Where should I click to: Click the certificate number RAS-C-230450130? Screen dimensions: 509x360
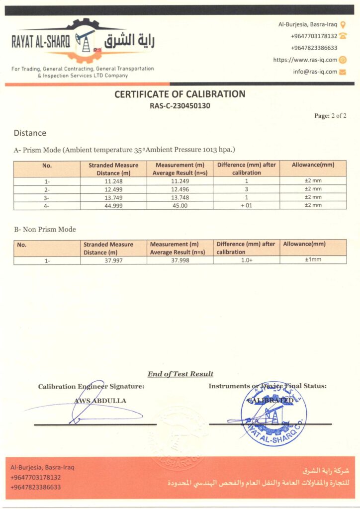point(180,105)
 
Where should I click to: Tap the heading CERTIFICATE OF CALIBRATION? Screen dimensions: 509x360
point(180,94)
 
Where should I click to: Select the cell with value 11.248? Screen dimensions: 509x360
point(114,181)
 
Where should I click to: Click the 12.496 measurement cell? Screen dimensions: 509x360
point(180,189)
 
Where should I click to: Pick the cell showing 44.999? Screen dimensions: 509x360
point(114,205)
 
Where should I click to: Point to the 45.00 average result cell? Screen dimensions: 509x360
point(180,205)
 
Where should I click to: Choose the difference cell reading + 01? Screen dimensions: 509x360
point(246,205)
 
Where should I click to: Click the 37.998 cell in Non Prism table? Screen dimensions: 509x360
point(180,260)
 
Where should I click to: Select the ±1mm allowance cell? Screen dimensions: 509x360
point(313,260)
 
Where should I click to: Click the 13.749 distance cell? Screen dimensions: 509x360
point(114,197)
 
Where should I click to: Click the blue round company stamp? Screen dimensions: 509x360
point(273,413)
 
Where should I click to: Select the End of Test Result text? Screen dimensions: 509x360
point(180,374)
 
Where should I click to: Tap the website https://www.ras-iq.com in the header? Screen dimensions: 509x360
point(305,60)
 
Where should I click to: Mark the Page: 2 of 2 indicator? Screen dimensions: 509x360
point(330,116)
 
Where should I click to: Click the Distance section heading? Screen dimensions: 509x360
point(30,133)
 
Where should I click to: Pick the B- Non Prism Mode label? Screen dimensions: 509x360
point(45,229)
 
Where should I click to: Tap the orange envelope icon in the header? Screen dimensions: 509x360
point(342,72)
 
